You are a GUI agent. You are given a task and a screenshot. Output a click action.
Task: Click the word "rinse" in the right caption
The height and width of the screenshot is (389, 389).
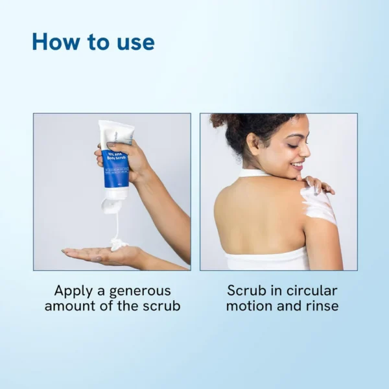pos(319,306)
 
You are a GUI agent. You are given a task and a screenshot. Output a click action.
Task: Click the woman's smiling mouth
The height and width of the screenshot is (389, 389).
pos(297,165)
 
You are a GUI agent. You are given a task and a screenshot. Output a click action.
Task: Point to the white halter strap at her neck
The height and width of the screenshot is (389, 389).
pos(253,173)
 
